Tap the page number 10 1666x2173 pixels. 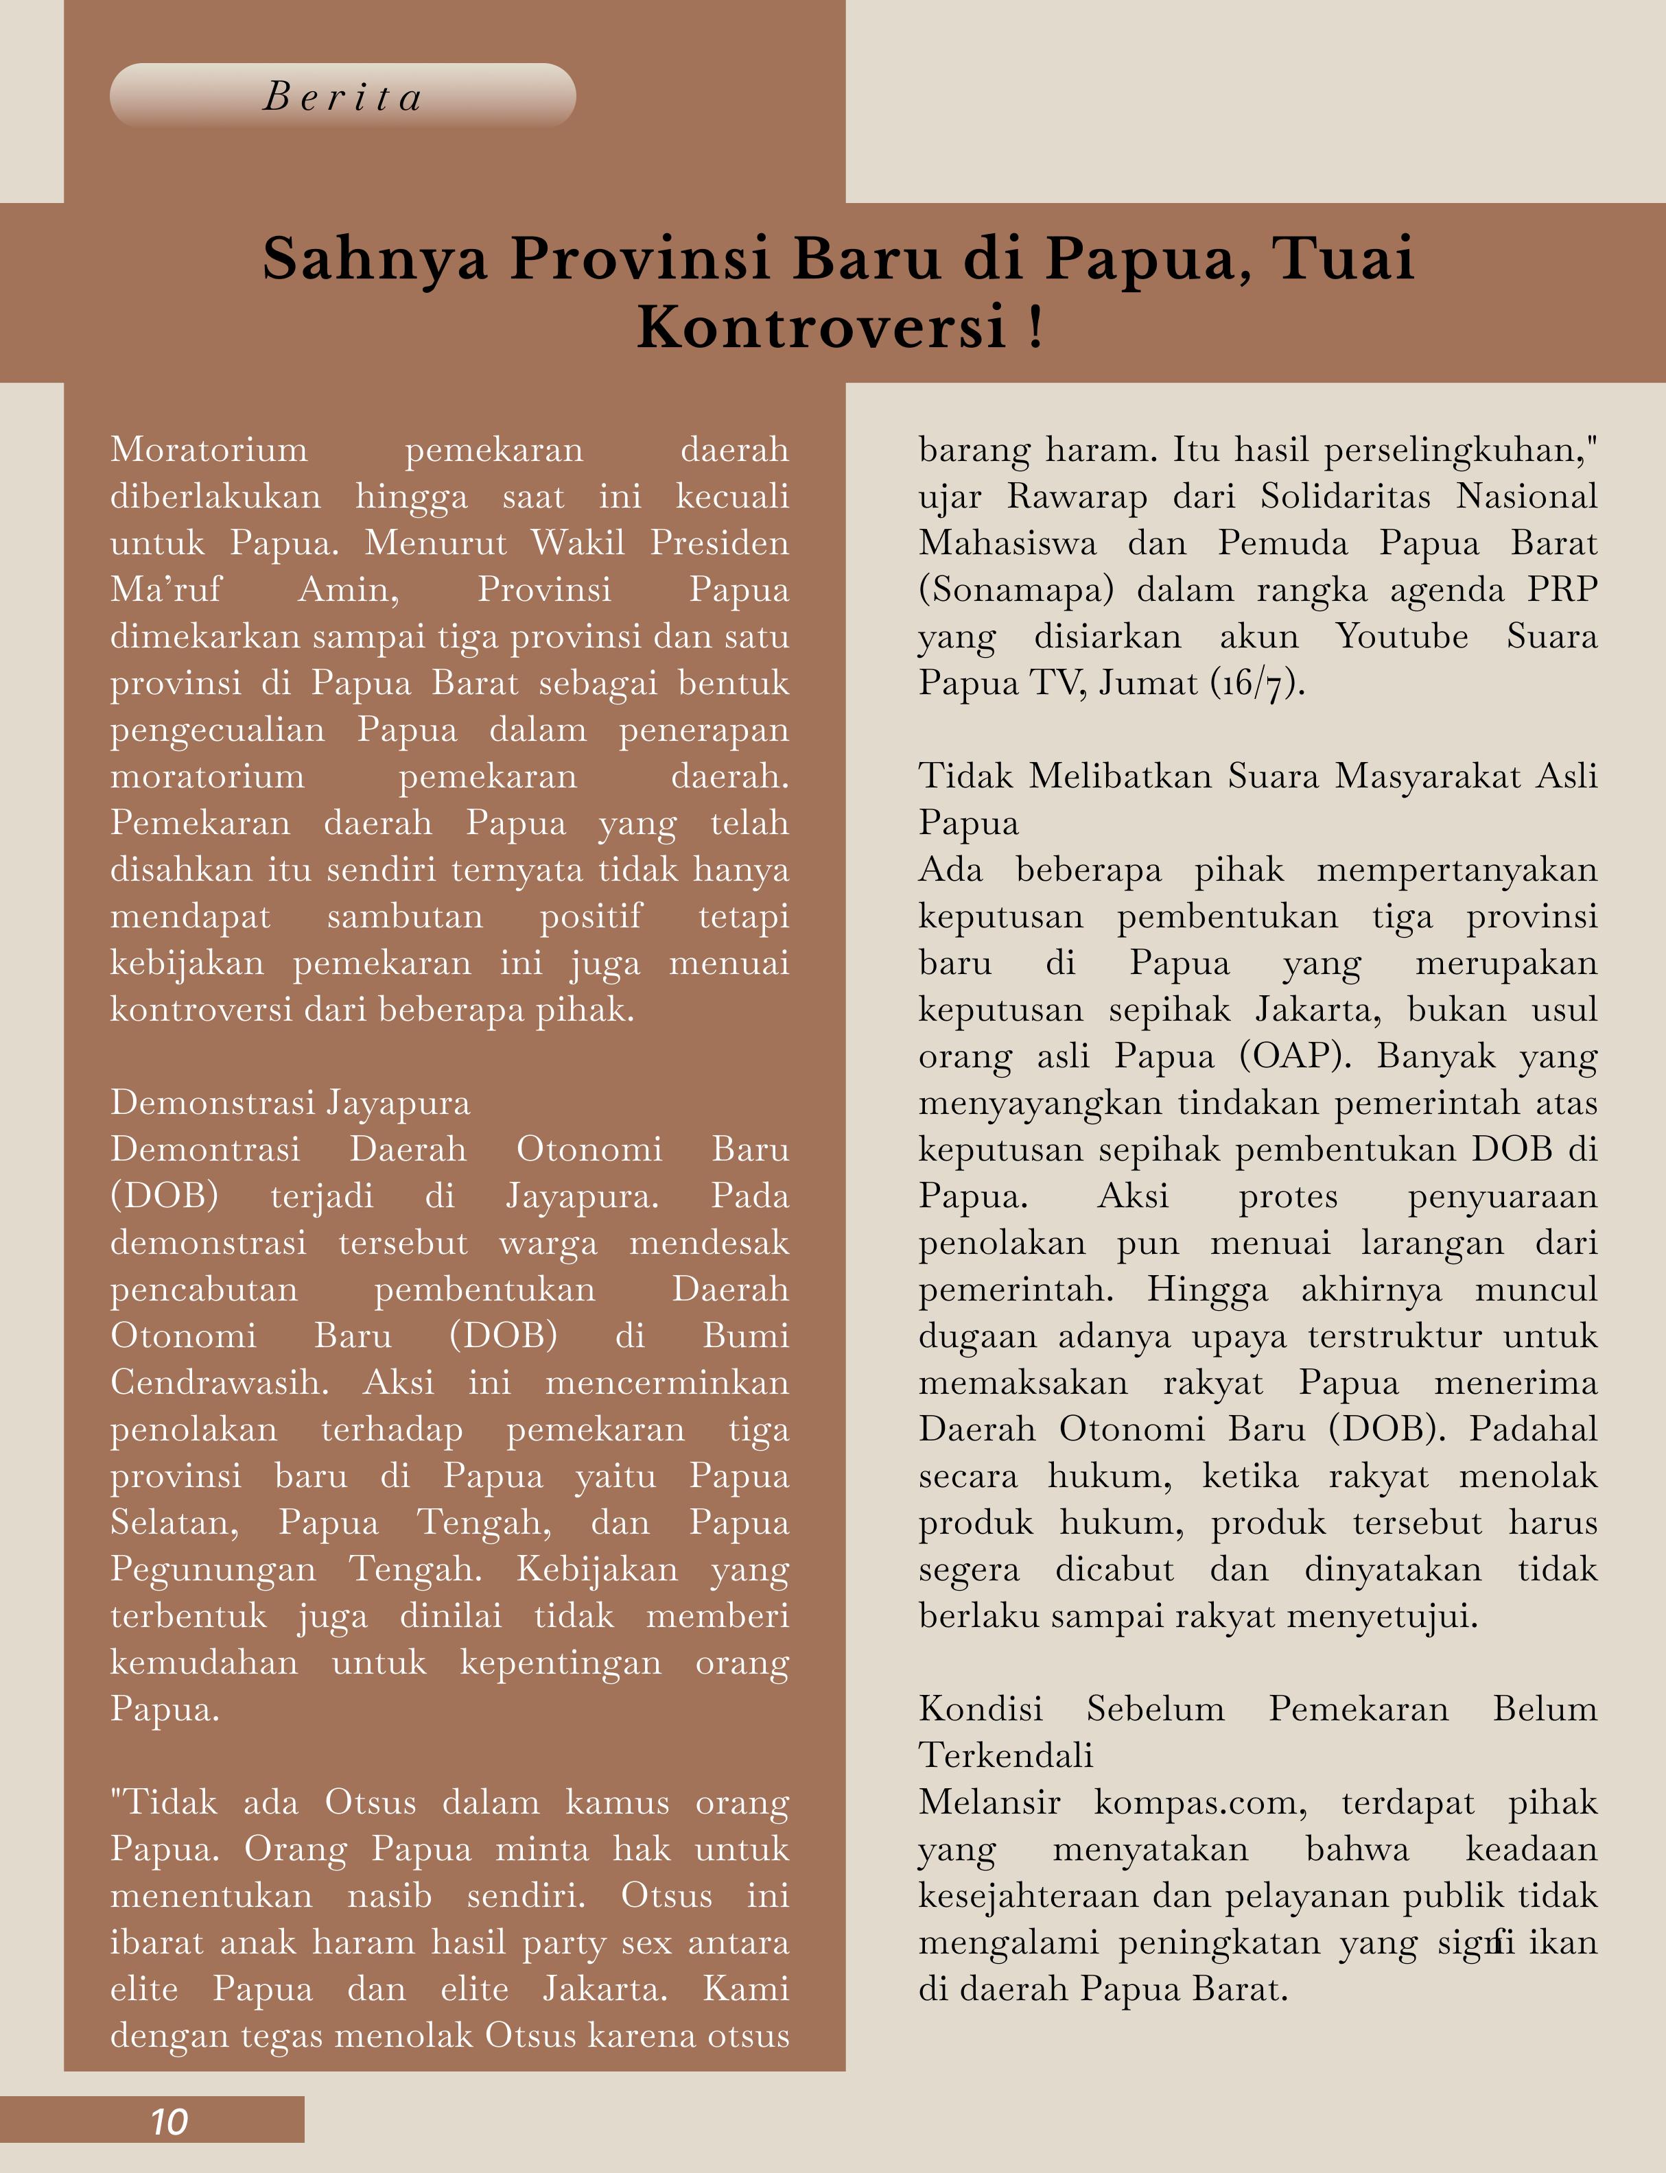169,2122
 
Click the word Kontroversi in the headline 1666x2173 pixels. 821,327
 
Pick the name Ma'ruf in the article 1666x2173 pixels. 167,590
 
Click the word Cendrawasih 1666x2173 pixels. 218,1382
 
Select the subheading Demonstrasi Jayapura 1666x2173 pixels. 290,1102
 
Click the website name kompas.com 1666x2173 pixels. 1201,1802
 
